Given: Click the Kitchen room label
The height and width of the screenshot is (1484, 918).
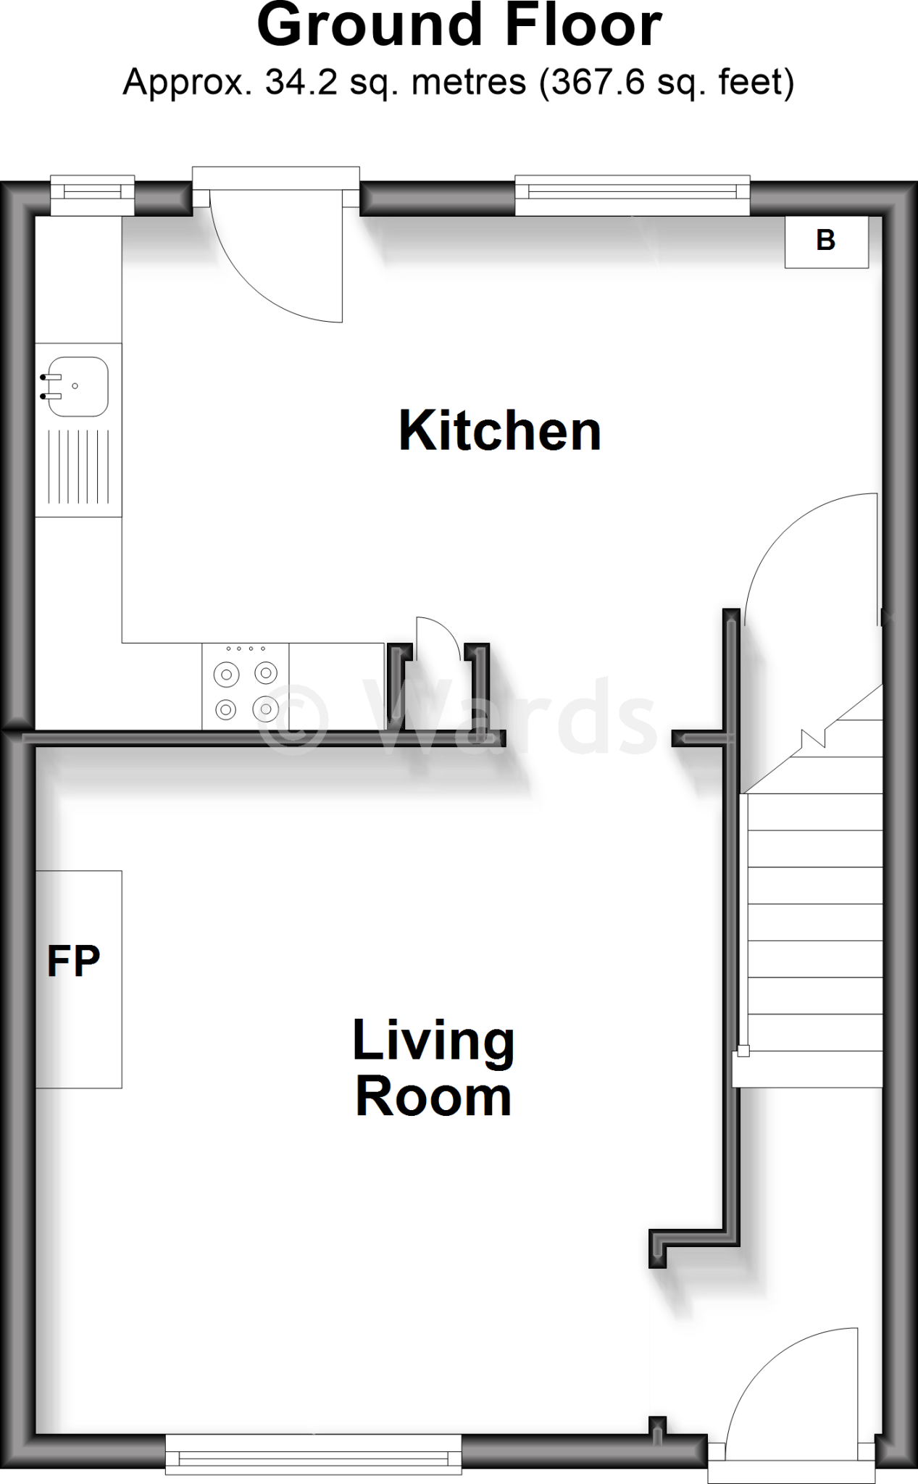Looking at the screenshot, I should click(x=500, y=431).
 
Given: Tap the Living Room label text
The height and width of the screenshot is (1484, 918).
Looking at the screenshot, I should click(x=433, y=1068).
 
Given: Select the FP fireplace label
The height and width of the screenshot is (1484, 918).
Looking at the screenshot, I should click(x=73, y=962).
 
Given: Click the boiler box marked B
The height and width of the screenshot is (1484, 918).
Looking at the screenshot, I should click(x=826, y=241).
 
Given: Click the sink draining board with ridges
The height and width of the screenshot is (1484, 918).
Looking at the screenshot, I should click(x=78, y=467).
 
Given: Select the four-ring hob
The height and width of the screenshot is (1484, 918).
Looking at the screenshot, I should click(x=246, y=687).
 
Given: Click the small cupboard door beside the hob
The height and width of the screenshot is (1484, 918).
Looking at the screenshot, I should click(x=438, y=638).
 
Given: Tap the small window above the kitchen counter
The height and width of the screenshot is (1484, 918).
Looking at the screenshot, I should click(x=92, y=193).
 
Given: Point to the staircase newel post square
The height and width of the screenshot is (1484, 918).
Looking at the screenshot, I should click(x=743, y=1051).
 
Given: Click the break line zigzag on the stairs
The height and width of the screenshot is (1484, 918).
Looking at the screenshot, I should click(x=814, y=739).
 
